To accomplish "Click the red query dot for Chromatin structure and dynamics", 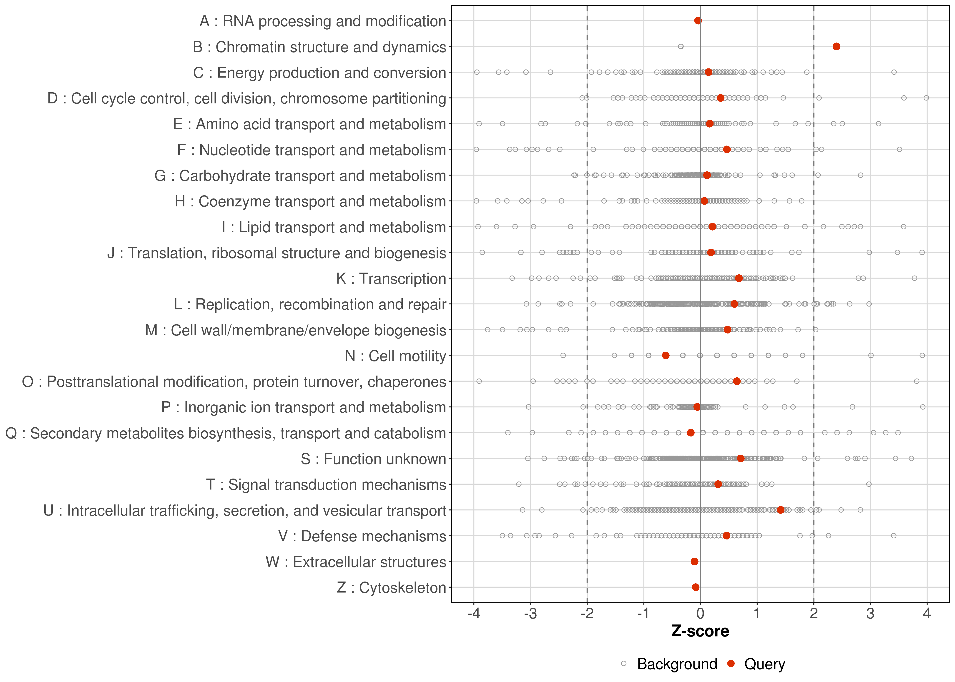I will tap(836, 46).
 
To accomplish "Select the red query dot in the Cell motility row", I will tap(666, 355).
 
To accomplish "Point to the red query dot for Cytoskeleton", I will tap(696, 587).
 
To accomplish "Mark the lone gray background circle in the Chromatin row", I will tap(681, 46).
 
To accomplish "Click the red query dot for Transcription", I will tap(739, 278).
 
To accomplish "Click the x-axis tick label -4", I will tap(474, 614).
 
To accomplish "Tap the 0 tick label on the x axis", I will tap(700, 614).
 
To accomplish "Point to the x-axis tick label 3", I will tap(870, 614).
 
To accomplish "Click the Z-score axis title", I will tap(700, 631).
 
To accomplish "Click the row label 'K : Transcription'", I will tap(391, 278).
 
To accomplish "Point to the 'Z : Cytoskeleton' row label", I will tap(391, 587).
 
